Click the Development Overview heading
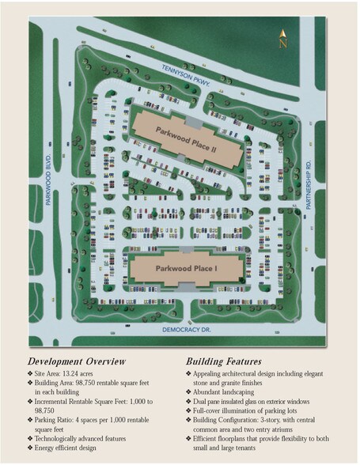click(x=77, y=361)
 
